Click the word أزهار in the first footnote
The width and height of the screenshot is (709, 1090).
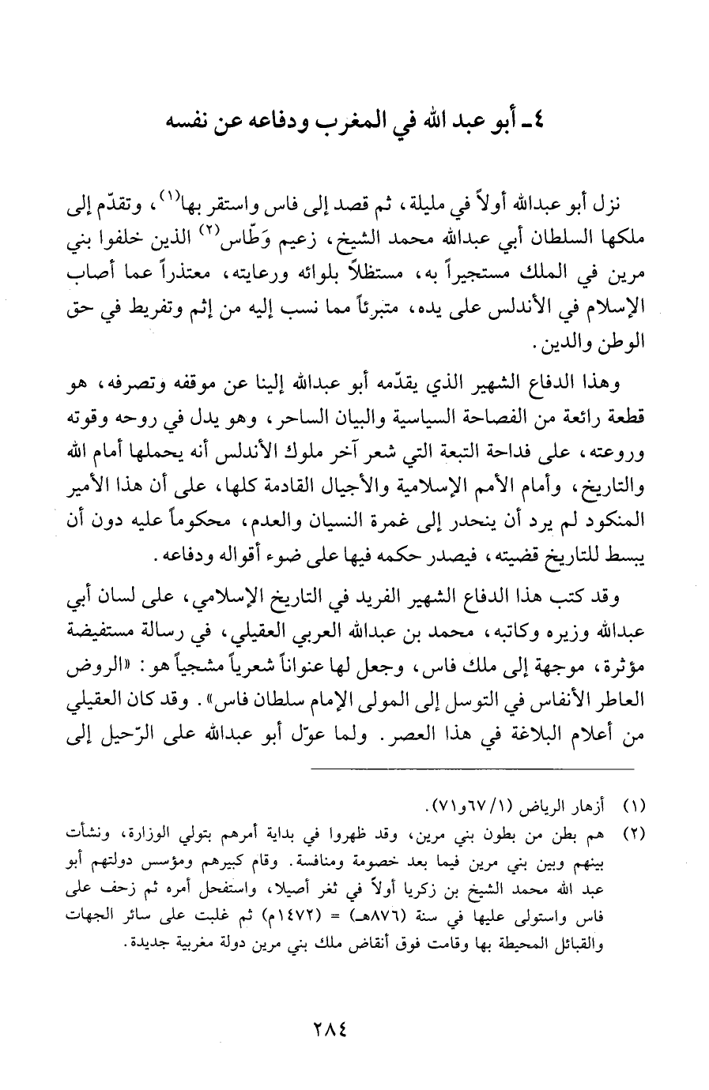(586, 807)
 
